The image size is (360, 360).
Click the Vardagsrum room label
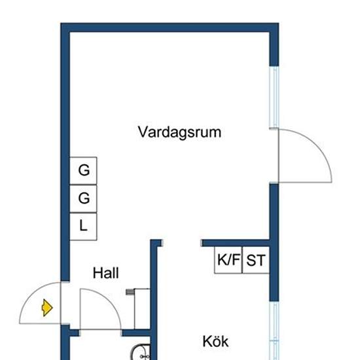179,132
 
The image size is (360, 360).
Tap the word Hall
105,273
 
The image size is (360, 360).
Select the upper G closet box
84,171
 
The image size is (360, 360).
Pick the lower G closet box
84,198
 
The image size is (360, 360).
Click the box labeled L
84,226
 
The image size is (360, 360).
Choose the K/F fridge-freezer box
228,261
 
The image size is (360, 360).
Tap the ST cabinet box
256,261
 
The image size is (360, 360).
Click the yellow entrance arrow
46,307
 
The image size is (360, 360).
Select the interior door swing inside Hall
98,308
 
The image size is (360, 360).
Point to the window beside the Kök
275,331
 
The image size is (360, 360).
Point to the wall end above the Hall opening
156,245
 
